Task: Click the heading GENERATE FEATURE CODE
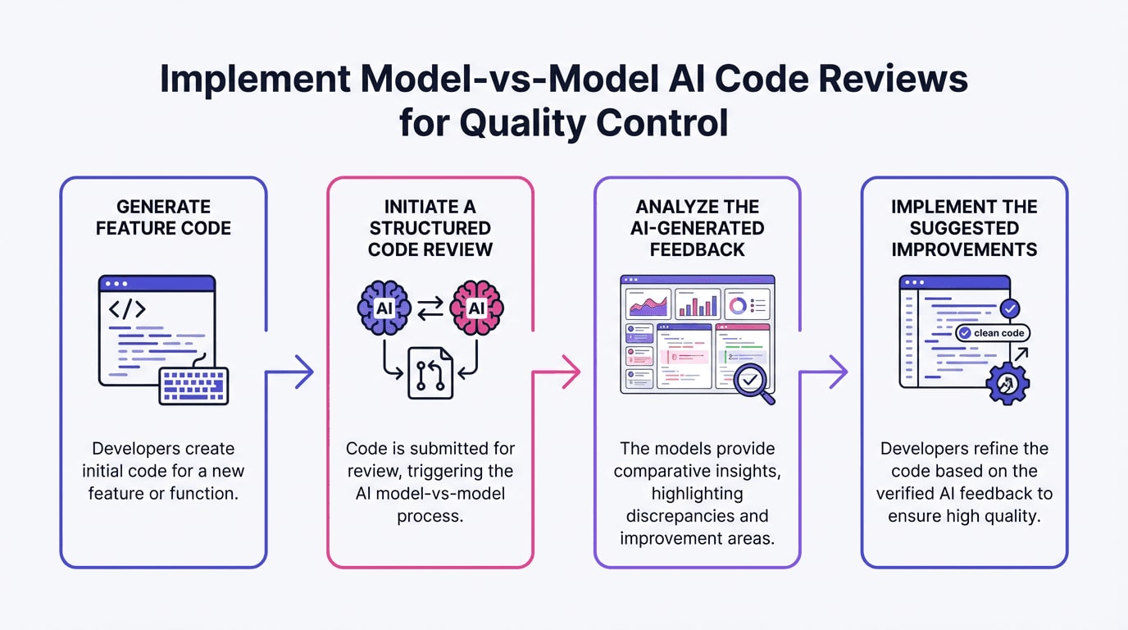click(x=163, y=217)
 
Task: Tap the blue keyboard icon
click(x=193, y=386)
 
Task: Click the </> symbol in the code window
click(x=127, y=308)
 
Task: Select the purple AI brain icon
click(x=384, y=308)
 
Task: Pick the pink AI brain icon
click(x=476, y=308)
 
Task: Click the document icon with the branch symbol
click(x=430, y=374)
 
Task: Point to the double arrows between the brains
click(x=430, y=307)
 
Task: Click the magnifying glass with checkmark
click(x=753, y=382)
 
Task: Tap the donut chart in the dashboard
click(x=737, y=305)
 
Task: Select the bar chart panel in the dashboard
click(x=698, y=304)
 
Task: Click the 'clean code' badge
click(x=993, y=333)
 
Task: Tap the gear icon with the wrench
click(x=1007, y=382)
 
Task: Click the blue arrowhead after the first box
click(x=304, y=372)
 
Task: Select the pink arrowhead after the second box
click(x=571, y=372)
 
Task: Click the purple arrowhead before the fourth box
click(x=838, y=372)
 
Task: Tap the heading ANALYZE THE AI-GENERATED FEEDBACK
click(x=697, y=228)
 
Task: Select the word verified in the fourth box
click(x=907, y=493)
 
